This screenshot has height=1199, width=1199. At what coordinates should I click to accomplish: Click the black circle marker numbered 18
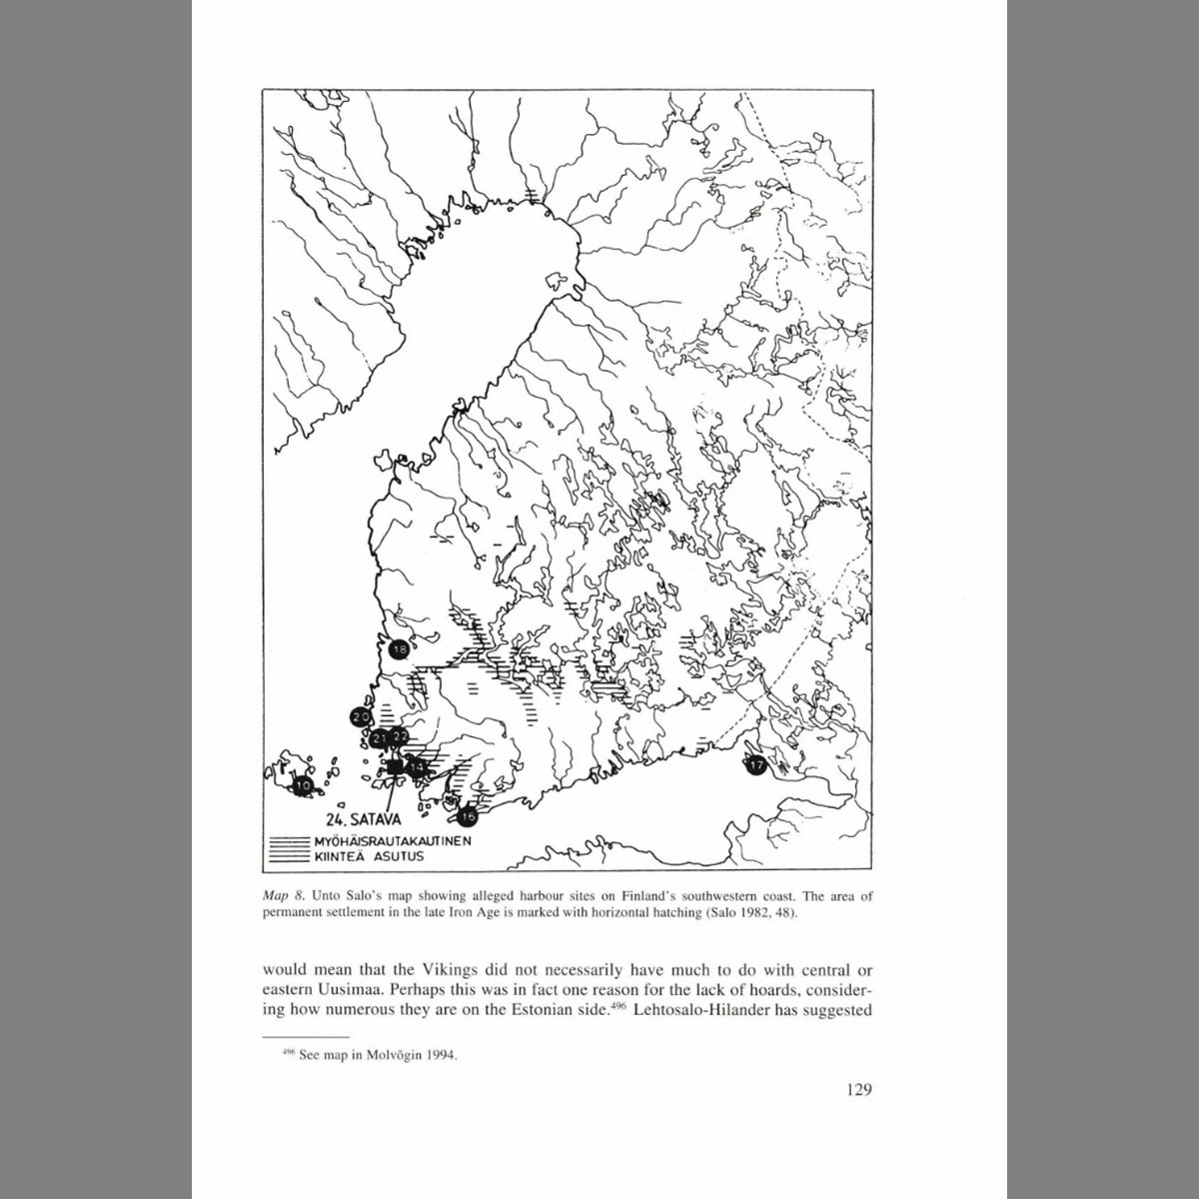pos(399,649)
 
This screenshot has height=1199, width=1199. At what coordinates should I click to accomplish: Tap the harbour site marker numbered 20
pos(361,716)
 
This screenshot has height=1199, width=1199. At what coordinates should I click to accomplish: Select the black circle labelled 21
pos(380,738)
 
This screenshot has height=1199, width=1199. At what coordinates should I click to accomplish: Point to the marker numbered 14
pos(417,766)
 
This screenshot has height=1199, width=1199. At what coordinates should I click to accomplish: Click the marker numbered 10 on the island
pos(303,786)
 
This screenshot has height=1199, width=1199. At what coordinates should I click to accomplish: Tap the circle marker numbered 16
pos(468,816)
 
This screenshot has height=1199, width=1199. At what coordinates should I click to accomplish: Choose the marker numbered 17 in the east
pos(755,765)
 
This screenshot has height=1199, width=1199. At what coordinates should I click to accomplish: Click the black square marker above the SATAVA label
pos(395,766)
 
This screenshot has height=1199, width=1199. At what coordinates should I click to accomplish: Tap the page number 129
pos(857,1088)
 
